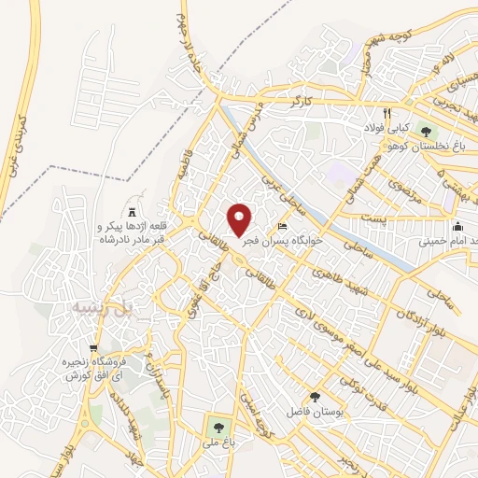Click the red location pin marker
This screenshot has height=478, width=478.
(x=240, y=218)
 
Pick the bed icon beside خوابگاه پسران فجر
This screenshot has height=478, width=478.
(x=283, y=228)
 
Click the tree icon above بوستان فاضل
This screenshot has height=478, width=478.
(x=314, y=397)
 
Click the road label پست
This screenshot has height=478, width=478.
(x=374, y=218)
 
